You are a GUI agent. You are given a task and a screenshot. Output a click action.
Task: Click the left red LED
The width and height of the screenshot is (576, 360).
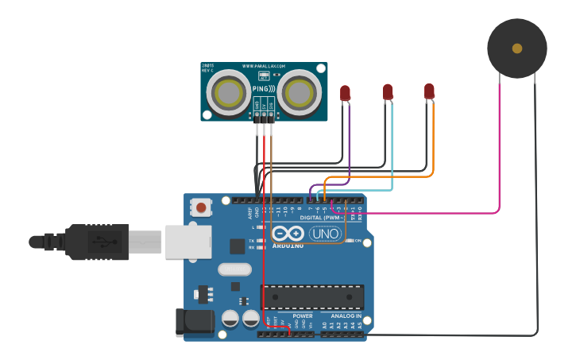coord(345,93)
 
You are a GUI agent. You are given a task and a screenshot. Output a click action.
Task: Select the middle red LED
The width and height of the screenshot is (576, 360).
coord(388,92)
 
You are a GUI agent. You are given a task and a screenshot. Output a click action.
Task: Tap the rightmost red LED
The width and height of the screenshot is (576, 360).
coord(429,91)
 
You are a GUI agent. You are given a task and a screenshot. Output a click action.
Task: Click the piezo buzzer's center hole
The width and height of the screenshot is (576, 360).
coord(517,48)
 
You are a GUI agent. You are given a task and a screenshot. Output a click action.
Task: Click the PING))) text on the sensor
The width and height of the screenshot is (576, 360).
coord(264,89)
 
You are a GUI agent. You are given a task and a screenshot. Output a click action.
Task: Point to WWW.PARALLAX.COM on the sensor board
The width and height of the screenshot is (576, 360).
coord(263,66)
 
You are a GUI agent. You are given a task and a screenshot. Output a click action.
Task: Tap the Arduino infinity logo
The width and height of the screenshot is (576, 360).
coord(288,234)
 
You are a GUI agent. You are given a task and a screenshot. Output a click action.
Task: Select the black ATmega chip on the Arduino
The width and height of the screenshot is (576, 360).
coord(312,296)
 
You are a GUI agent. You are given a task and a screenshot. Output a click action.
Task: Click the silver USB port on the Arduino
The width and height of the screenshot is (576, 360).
coord(188,242)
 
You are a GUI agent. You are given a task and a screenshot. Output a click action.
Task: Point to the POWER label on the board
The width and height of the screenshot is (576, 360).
coord(303,315)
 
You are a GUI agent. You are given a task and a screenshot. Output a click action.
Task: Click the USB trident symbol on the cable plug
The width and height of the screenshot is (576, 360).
coord(99,242)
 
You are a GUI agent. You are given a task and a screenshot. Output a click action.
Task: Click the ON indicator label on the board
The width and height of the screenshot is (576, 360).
coord(358,240)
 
